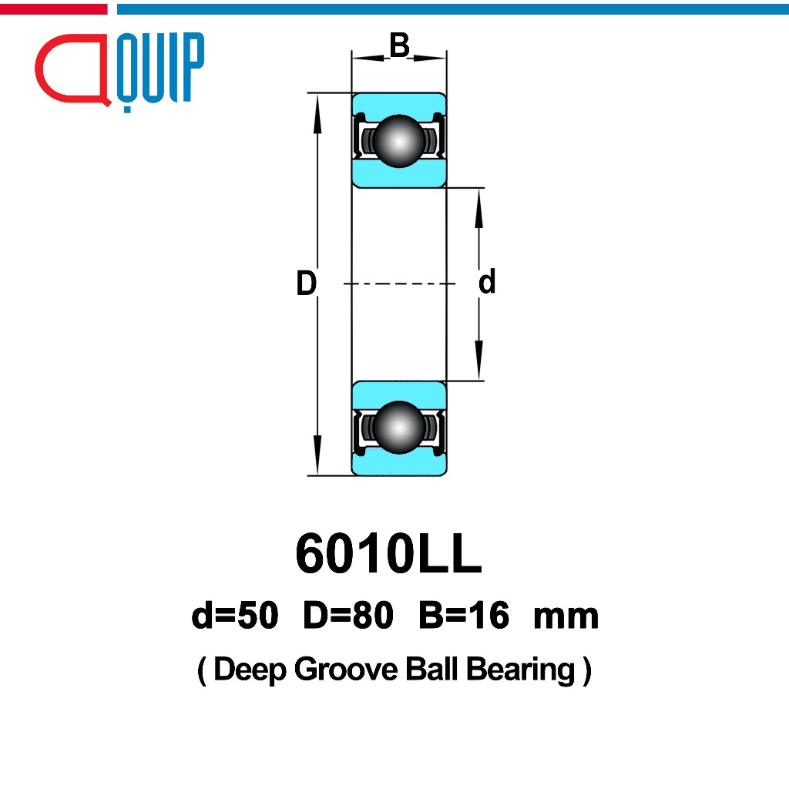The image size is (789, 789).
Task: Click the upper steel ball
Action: (399, 141)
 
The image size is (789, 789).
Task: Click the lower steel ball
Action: (399, 427)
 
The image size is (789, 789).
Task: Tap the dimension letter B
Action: (400, 45)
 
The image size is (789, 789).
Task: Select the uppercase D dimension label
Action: (307, 283)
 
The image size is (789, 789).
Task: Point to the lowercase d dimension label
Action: (487, 281)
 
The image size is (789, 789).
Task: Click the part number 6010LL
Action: (388, 553)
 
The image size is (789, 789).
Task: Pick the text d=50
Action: (235, 615)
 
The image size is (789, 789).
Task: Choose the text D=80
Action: (348, 615)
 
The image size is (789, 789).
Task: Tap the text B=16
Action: (464, 615)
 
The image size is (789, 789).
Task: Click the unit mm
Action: (566, 618)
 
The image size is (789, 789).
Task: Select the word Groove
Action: (346, 670)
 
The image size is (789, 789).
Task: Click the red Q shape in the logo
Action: (72, 70)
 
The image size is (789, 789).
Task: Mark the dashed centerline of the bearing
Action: (400, 284)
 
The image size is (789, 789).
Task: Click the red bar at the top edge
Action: (53, 9)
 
